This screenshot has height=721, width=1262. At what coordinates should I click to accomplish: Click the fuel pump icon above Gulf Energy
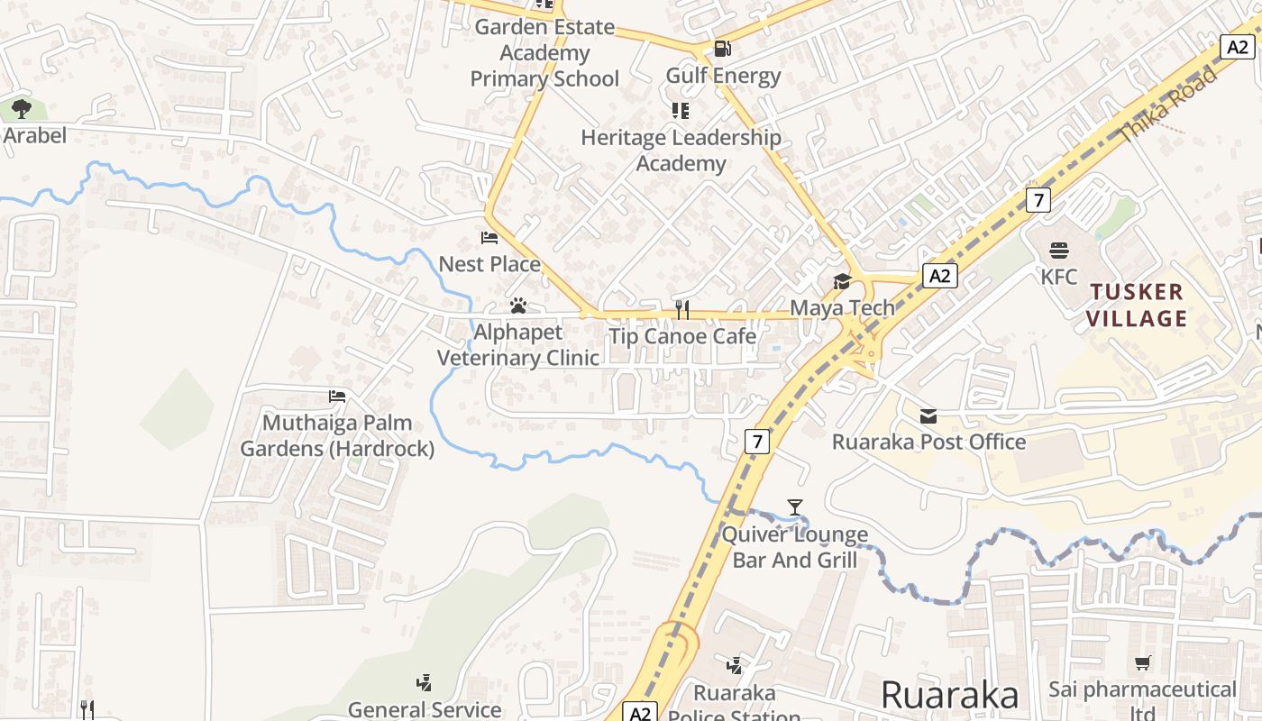coord(722,49)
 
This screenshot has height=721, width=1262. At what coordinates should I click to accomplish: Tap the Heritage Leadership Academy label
coord(681,151)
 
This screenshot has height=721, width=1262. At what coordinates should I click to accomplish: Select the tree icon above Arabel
coord(22,110)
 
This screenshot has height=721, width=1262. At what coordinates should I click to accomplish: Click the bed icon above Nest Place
coord(489,238)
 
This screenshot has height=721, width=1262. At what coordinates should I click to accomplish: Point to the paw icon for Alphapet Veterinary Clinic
coord(517,306)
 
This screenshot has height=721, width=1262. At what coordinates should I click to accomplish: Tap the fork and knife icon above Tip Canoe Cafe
coord(682,311)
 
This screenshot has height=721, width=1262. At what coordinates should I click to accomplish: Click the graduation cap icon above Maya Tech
coord(842,281)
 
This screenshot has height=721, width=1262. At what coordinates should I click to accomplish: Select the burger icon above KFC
coord(1059,250)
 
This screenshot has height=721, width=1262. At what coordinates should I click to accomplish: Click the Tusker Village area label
coord(1137,305)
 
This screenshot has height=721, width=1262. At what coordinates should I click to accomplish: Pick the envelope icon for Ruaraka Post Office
coord(928,415)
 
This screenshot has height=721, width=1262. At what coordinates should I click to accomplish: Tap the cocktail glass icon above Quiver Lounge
coord(794,507)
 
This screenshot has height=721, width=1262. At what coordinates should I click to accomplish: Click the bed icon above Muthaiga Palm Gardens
coord(337,396)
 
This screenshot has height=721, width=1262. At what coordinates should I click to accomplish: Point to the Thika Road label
coord(1167,105)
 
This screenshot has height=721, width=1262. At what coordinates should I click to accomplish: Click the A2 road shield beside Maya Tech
coord(939,276)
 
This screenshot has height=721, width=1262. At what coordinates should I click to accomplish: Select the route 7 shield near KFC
coord(1038,199)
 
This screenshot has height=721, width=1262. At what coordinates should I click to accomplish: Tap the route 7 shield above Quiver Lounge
coord(757,442)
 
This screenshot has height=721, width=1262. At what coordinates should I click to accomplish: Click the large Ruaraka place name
coord(949,695)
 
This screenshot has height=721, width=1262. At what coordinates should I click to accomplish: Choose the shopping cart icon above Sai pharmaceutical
coord(1143,663)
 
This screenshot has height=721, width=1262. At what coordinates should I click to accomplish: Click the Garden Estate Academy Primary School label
coord(544,53)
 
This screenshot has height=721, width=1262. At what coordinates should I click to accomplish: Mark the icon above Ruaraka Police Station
coord(735,666)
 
